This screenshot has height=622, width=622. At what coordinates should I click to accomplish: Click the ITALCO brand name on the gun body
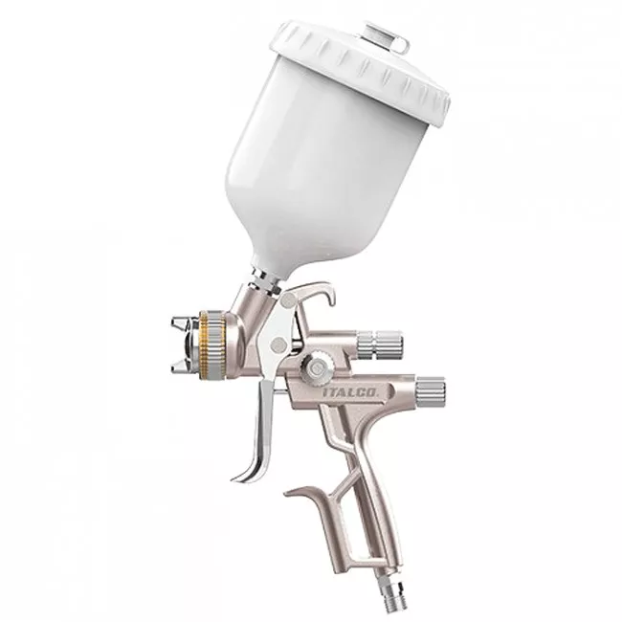click(350, 392)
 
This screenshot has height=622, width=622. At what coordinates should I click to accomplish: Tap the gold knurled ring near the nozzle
click(207, 342)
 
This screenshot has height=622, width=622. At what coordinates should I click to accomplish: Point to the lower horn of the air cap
click(182, 367)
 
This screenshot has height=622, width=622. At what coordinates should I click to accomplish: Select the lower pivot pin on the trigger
click(279, 344)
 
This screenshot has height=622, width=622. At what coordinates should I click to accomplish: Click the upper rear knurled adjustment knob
click(380, 340)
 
